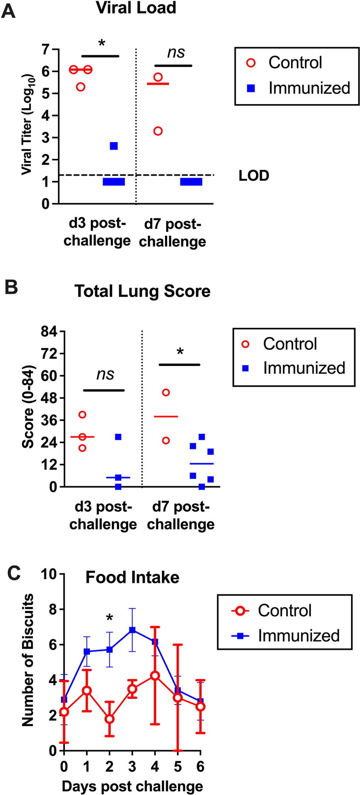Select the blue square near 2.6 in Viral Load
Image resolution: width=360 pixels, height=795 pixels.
point(113,146)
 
